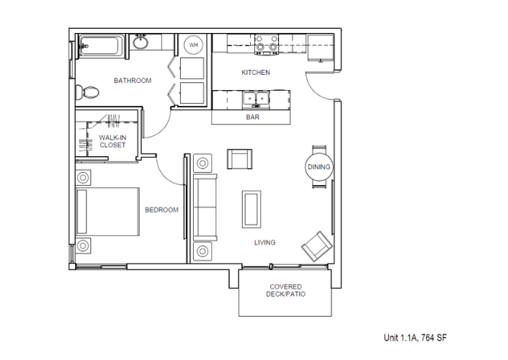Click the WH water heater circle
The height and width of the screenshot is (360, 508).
point(193,45)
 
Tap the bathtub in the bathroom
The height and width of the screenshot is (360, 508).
point(101,45)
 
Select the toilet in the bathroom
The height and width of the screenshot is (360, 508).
point(86,92)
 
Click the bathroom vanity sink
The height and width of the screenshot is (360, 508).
point(141,42)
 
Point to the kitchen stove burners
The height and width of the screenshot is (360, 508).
point(267,45)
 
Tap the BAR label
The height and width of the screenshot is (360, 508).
point(253,117)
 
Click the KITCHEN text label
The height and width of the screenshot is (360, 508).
point(256,73)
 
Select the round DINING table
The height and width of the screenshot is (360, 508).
point(319,167)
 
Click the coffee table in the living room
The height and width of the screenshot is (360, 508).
point(251,209)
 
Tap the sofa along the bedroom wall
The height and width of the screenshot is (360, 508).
point(205,207)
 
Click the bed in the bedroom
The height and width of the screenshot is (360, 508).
point(107,212)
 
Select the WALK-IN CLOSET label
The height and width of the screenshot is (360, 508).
point(112,141)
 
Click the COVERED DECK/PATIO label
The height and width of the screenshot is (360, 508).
point(286,290)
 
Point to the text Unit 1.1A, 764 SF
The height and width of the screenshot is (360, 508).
point(415,338)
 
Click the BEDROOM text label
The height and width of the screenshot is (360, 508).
point(161,210)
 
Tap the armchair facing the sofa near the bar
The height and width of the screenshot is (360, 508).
point(240,159)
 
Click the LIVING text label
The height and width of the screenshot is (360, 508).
point(264,243)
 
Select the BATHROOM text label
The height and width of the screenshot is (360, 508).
point(133,81)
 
